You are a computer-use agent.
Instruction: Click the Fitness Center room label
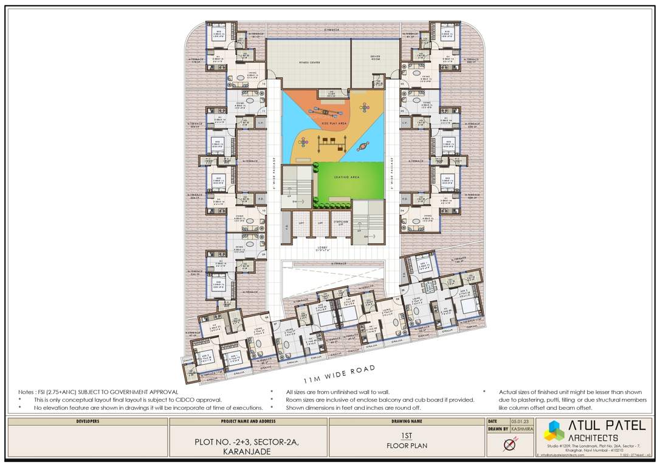coord(309,62)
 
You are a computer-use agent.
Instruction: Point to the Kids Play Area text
coord(334,123)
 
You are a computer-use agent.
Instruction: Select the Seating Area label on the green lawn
coord(347,177)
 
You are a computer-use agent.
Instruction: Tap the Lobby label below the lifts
coord(322,247)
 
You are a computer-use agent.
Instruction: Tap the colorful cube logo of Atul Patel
coord(554,430)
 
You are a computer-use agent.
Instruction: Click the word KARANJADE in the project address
coord(247,452)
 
